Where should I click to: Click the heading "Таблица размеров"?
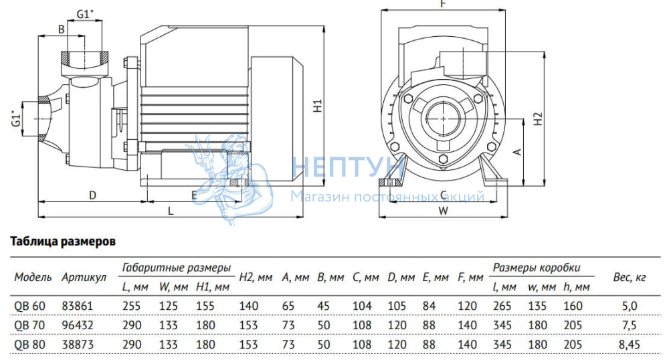63,242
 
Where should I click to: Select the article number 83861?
77,306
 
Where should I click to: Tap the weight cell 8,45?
630,345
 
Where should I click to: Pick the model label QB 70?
29,325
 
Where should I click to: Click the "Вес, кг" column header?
630,278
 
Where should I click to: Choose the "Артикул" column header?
84,278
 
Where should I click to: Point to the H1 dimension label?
317,106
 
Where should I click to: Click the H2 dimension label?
539,118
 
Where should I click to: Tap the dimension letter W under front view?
444,211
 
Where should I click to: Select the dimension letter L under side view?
171,211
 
